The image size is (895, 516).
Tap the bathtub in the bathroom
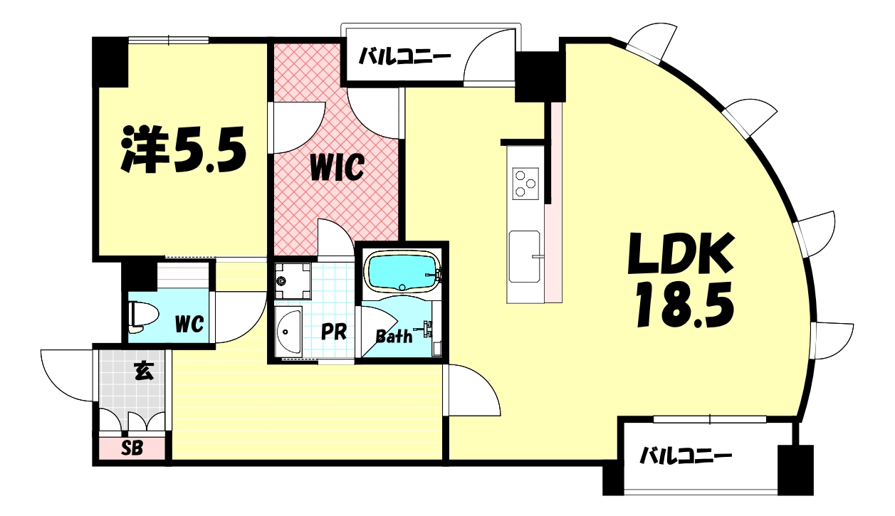[x=402, y=273]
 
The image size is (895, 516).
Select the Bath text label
[x=394, y=336]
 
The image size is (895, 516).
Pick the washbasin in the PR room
[x=288, y=332]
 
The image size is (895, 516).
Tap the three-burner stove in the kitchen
[x=526, y=181]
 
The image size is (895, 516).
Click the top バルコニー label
[x=404, y=56]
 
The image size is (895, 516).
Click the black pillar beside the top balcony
[x=540, y=76]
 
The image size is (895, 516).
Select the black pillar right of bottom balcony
[x=795, y=470]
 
